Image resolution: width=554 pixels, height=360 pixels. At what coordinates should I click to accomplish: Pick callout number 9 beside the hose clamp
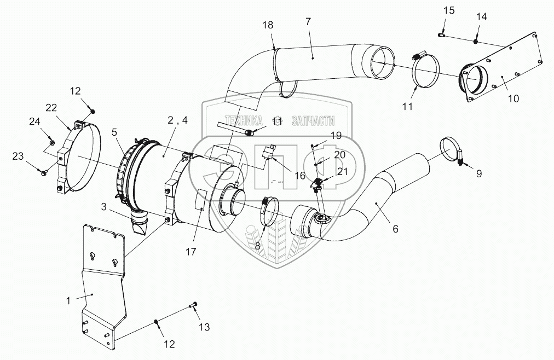pyautogui.click(x=479, y=174)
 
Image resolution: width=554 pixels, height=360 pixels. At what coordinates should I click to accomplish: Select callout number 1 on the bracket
pyautogui.click(x=68, y=300)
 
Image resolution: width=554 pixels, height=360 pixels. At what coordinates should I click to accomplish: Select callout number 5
pyautogui.click(x=114, y=131)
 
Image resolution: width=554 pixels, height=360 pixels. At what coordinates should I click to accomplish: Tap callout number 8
pyautogui.click(x=257, y=246)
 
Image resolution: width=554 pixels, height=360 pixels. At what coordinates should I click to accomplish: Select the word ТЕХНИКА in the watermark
pyautogui.click(x=241, y=122)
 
